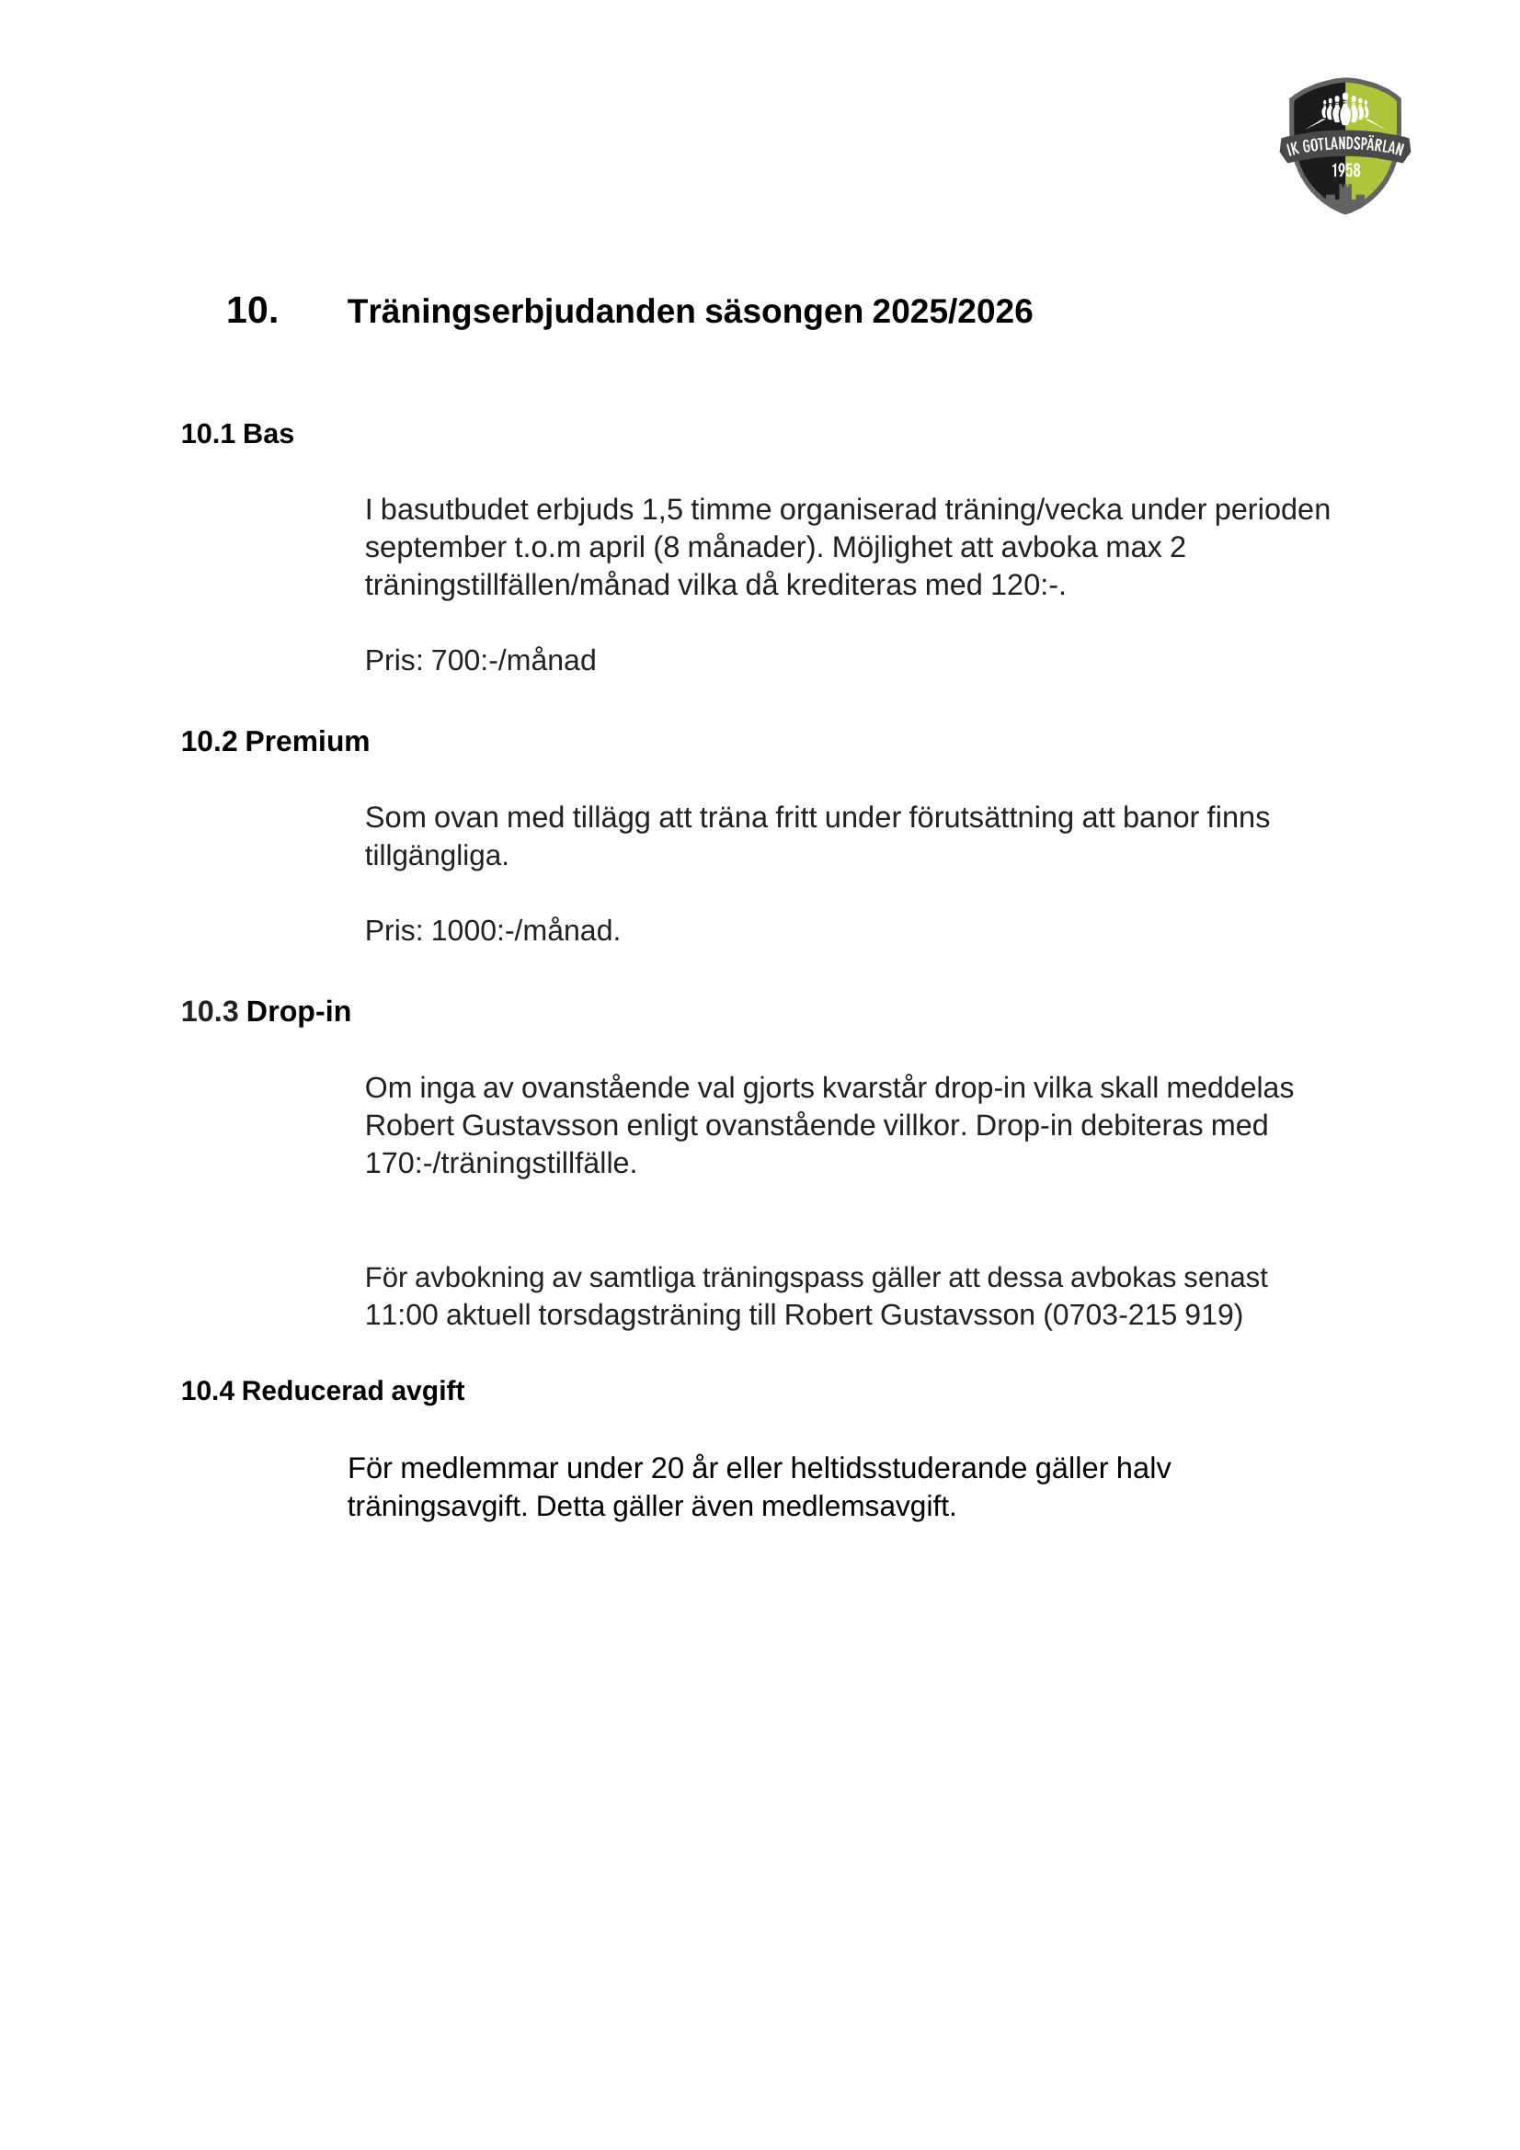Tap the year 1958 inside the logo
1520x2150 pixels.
(x=1346, y=170)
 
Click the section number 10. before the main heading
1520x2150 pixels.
(x=252, y=311)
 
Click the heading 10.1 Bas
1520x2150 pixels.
(x=237, y=435)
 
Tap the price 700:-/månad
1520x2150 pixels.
(x=513, y=661)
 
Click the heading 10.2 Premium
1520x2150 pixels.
(x=274, y=742)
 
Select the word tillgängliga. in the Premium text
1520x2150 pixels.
(x=437, y=856)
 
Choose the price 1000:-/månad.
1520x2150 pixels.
(x=525, y=931)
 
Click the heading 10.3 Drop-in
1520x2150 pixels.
(x=265, y=1012)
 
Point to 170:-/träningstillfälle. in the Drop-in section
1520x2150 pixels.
(x=500, y=1164)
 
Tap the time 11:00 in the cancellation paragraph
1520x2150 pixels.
(x=401, y=1315)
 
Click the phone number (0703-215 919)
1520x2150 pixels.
(x=1143, y=1315)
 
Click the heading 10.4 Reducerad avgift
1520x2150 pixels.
(x=322, y=1392)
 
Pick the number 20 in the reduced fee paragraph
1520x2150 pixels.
(x=667, y=1468)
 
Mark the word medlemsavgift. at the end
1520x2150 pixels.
(x=858, y=1507)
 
